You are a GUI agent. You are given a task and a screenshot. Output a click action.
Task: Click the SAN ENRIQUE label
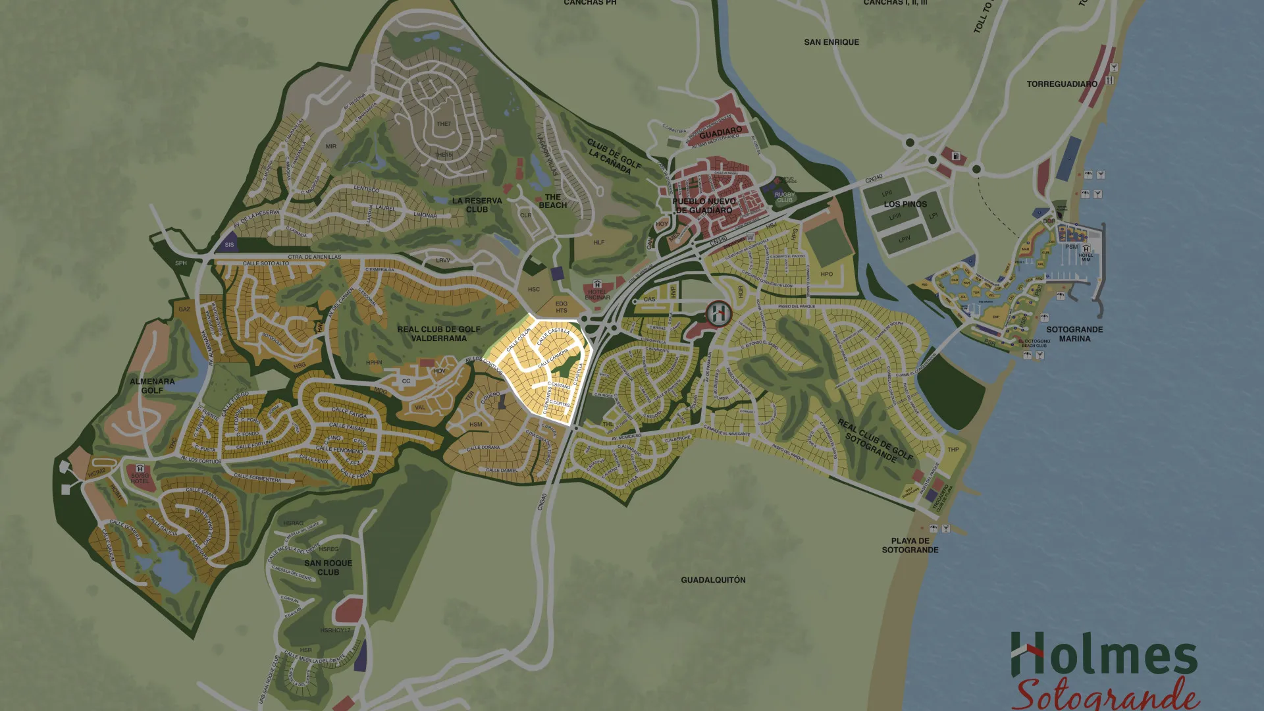pyautogui.click(x=831, y=42)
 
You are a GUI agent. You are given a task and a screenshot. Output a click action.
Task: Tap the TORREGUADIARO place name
pyautogui.click(x=1061, y=84)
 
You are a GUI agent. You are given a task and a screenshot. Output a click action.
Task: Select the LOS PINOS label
pyautogui.click(x=905, y=204)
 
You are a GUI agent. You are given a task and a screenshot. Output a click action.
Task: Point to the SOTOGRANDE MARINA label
pyautogui.click(x=1074, y=334)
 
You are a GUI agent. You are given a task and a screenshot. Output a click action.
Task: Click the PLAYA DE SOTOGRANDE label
pyautogui.click(x=910, y=545)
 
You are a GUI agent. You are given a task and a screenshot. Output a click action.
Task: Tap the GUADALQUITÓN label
pyautogui.click(x=713, y=580)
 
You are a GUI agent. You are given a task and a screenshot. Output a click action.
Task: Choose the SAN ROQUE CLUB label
pyautogui.click(x=328, y=567)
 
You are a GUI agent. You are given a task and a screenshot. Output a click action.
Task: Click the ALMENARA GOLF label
pyautogui.click(x=152, y=386)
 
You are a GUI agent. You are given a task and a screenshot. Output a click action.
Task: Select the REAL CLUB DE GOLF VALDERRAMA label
pyautogui.click(x=438, y=334)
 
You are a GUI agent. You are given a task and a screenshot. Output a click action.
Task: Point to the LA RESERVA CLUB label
pyautogui.click(x=477, y=205)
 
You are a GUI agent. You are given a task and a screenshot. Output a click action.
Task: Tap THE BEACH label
pyautogui.click(x=552, y=201)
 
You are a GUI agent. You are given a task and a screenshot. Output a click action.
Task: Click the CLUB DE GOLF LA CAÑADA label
pyautogui.click(x=614, y=157)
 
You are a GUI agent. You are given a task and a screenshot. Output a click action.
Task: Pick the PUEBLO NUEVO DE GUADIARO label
pyautogui.click(x=703, y=205)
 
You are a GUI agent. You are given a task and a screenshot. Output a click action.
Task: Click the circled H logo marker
pyautogui.click(x=718, y=313)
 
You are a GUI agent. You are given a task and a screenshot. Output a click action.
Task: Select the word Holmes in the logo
pyautogui.click(x=1104, y=655)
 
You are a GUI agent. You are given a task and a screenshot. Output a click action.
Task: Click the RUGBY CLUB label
pyautogui.click(x=784, y=197)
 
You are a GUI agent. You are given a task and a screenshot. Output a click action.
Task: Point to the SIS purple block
pyautogui.click(x=229, y=244)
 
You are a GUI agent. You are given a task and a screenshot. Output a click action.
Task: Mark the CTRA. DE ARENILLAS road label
pyautogui.click(x=314, y=257)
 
